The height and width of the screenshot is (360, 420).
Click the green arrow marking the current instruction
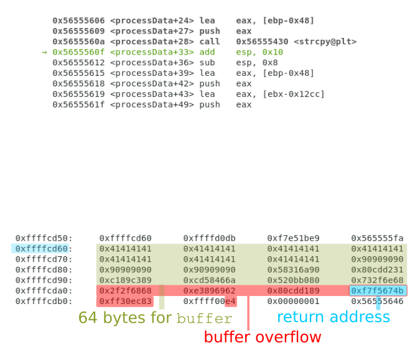(44, 52)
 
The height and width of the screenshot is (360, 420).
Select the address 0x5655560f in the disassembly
(78, 52)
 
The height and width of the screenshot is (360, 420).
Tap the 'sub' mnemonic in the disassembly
(207, 63)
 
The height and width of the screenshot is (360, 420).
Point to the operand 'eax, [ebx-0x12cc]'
(280, 95)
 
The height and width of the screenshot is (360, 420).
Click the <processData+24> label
(152, 21)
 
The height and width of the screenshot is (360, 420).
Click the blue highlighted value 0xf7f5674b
(377, 291)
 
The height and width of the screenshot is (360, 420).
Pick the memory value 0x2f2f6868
(125, 291)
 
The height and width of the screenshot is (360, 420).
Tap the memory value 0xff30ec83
(125, 302)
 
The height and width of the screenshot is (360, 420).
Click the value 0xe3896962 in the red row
(209, 291)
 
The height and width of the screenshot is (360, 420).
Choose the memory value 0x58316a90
(293, 270)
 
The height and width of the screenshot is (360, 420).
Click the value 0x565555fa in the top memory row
(377, 238)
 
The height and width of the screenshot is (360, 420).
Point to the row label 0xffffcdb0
(44, 302)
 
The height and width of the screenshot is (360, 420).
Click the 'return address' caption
(333, 317)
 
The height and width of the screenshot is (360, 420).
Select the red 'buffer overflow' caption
(263, 338)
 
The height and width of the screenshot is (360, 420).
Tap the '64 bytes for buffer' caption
(155, 318)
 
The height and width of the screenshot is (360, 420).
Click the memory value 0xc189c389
(125, 280)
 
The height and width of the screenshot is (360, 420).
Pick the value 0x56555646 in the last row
(377, 302)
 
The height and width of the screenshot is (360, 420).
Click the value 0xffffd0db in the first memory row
(209, 238)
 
